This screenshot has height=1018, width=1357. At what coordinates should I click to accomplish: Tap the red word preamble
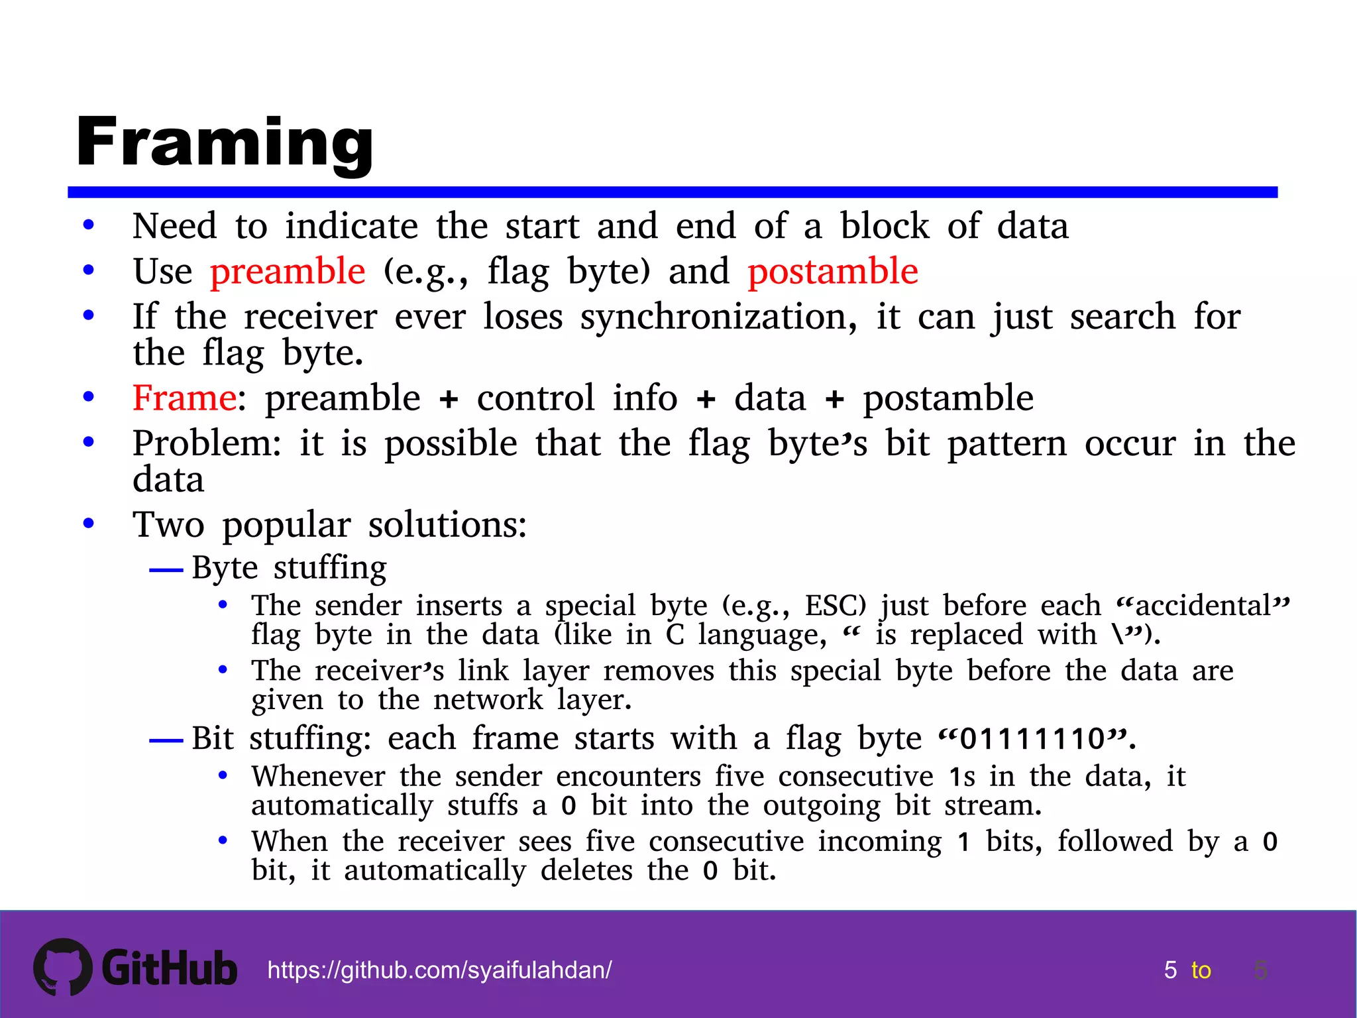288,271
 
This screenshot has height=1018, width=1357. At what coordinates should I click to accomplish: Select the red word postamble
833,271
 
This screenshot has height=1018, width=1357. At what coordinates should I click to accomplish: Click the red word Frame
184,398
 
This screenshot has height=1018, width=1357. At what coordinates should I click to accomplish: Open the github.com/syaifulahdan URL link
439,970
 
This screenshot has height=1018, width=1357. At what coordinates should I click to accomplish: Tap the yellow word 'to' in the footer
1201,970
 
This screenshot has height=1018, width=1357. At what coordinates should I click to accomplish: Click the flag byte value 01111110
1032,738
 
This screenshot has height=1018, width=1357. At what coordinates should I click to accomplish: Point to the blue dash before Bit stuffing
166,740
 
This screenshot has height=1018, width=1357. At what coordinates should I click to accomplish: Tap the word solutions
447,525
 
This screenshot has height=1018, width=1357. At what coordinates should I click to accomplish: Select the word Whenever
318,776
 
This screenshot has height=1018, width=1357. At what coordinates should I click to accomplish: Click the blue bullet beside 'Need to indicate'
89,225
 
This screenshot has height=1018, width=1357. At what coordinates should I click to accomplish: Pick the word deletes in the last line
586,870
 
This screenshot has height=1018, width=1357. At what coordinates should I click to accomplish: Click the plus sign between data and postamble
835,399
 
